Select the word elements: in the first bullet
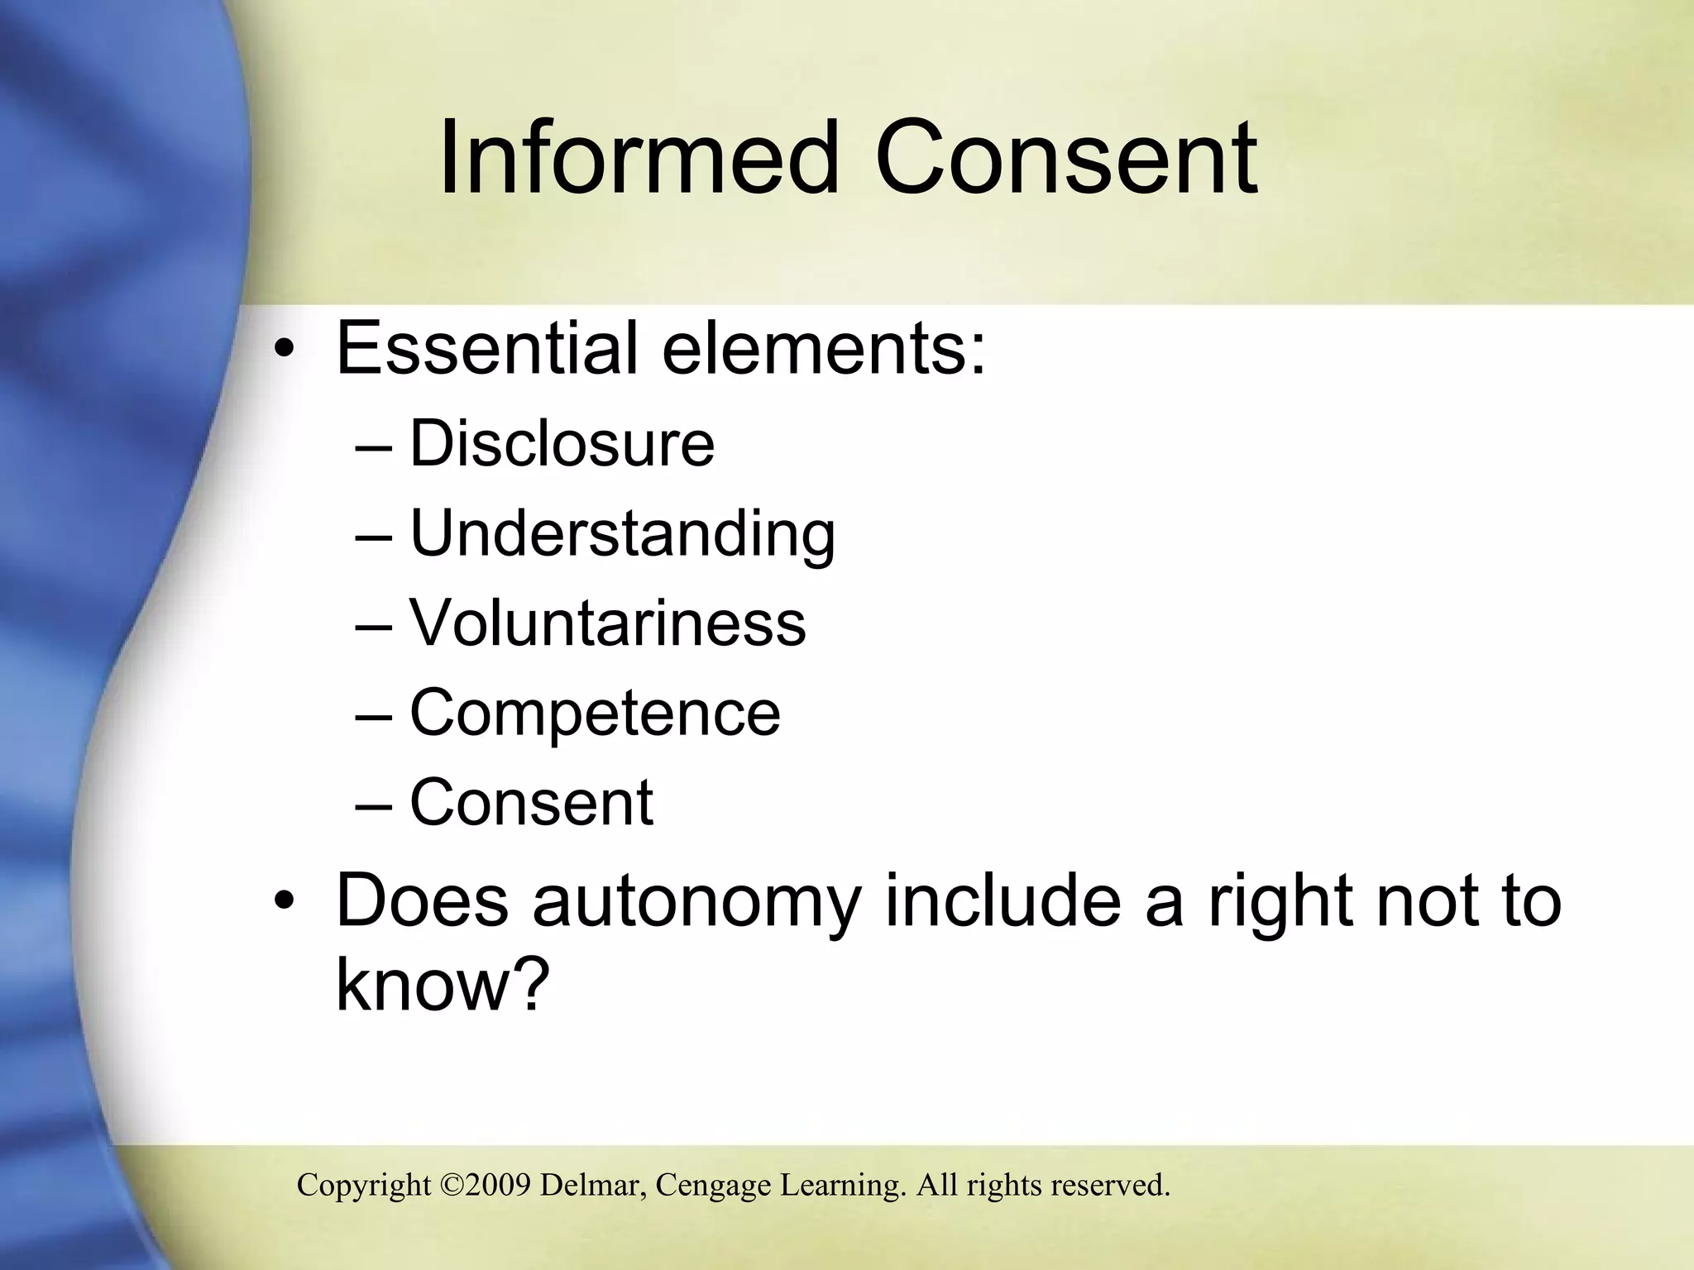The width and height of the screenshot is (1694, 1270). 824,348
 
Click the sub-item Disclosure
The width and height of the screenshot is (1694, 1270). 562,444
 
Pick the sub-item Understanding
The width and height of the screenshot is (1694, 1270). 622,534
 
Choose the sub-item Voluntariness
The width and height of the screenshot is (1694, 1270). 607,623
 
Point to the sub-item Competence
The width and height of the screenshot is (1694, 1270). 595,713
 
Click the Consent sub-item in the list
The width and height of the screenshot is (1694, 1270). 531,802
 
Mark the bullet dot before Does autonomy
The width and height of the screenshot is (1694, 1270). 285,902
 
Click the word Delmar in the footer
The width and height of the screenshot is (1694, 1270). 593,1186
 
